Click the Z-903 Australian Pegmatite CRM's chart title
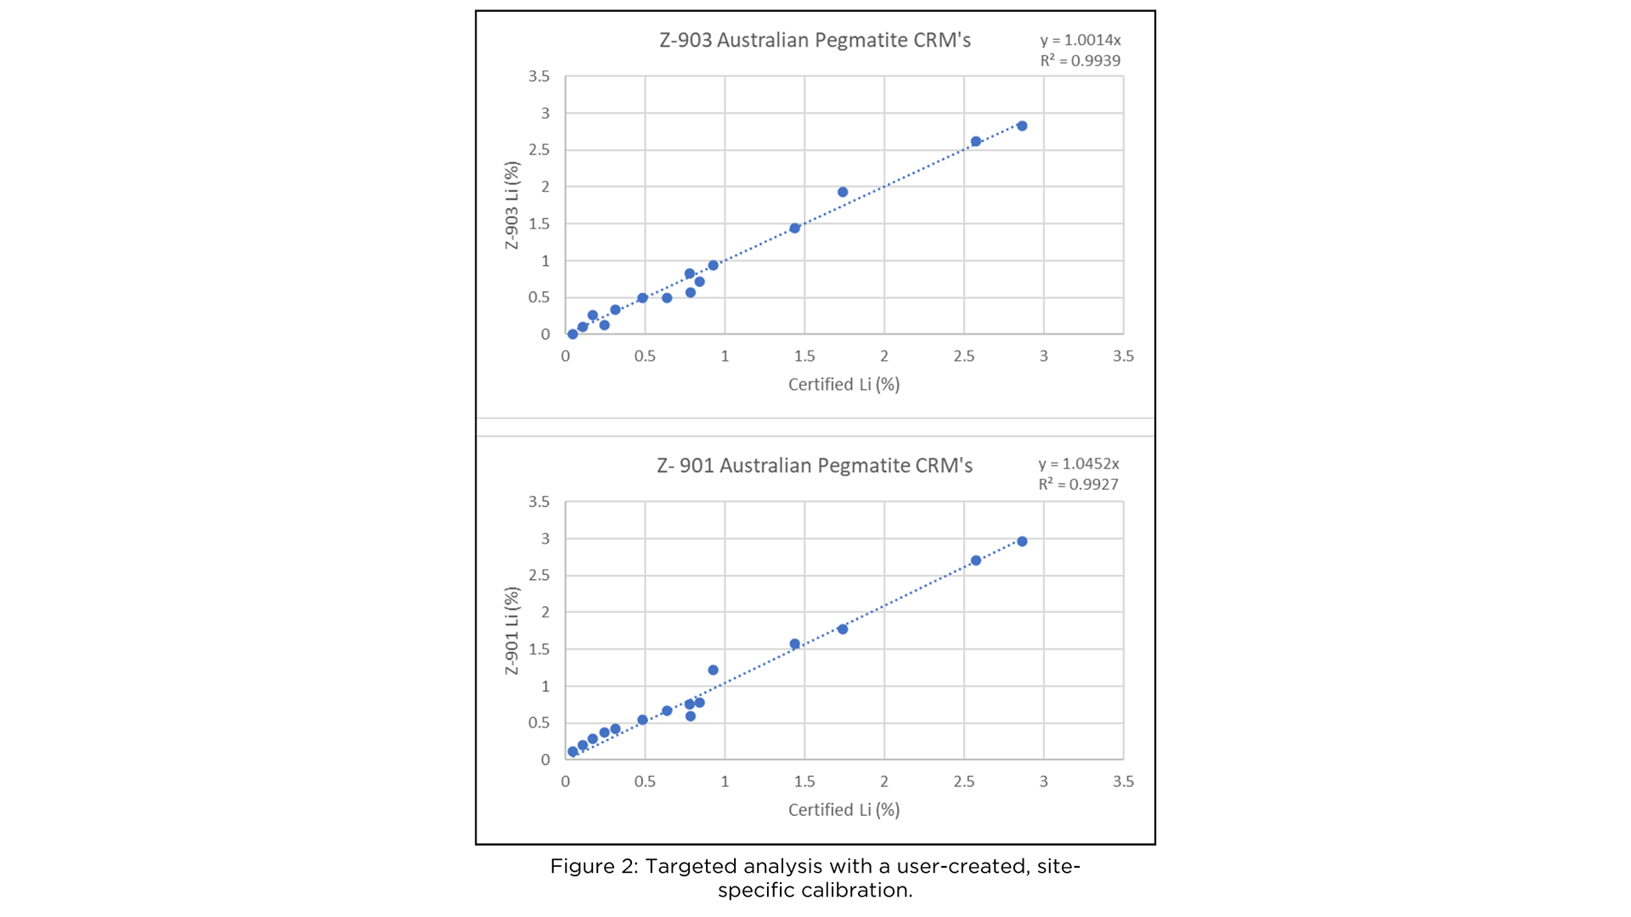pos(815,41)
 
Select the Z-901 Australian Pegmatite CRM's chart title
pos(814,466)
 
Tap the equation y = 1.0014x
pos(1080,40)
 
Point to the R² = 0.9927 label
pos(1078,485)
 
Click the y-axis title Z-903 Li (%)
pos(511,205)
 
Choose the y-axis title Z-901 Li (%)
pos(511,631)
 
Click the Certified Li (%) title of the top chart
pos(844,385)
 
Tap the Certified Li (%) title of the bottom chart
pos(844,810)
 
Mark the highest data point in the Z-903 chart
pos(1022,126)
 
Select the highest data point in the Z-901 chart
pos(1022,542)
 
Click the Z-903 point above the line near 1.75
pos(843,192)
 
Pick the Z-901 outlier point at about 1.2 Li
pos(713,670)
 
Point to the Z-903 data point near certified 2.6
pos(976,142)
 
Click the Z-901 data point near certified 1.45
pos(795,644)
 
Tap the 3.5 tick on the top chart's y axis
pos(539,76)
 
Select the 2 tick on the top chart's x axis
pos(884,357)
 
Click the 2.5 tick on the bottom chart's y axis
pos(539,576)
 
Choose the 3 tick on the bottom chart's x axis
pos(1043,782)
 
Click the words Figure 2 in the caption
pos(593,867)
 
